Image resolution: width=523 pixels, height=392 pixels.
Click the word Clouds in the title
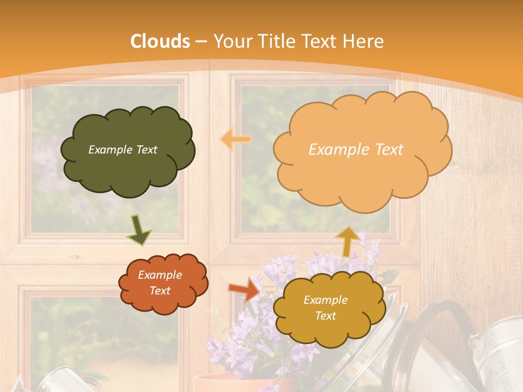click(160, 41)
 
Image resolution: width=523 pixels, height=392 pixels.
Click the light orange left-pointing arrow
click(235, 140)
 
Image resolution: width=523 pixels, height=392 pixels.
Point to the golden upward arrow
click(347, 240)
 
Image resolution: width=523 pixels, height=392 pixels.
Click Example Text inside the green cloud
click(123, 150)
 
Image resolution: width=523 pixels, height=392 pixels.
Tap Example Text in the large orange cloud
click(356, 150)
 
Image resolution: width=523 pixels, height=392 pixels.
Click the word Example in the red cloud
click(160, 275)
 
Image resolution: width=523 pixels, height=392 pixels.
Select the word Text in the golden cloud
click(325, 316)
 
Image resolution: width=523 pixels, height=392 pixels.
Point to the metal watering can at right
click(496, 354)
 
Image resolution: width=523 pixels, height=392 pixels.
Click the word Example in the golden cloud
click(325, 300)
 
